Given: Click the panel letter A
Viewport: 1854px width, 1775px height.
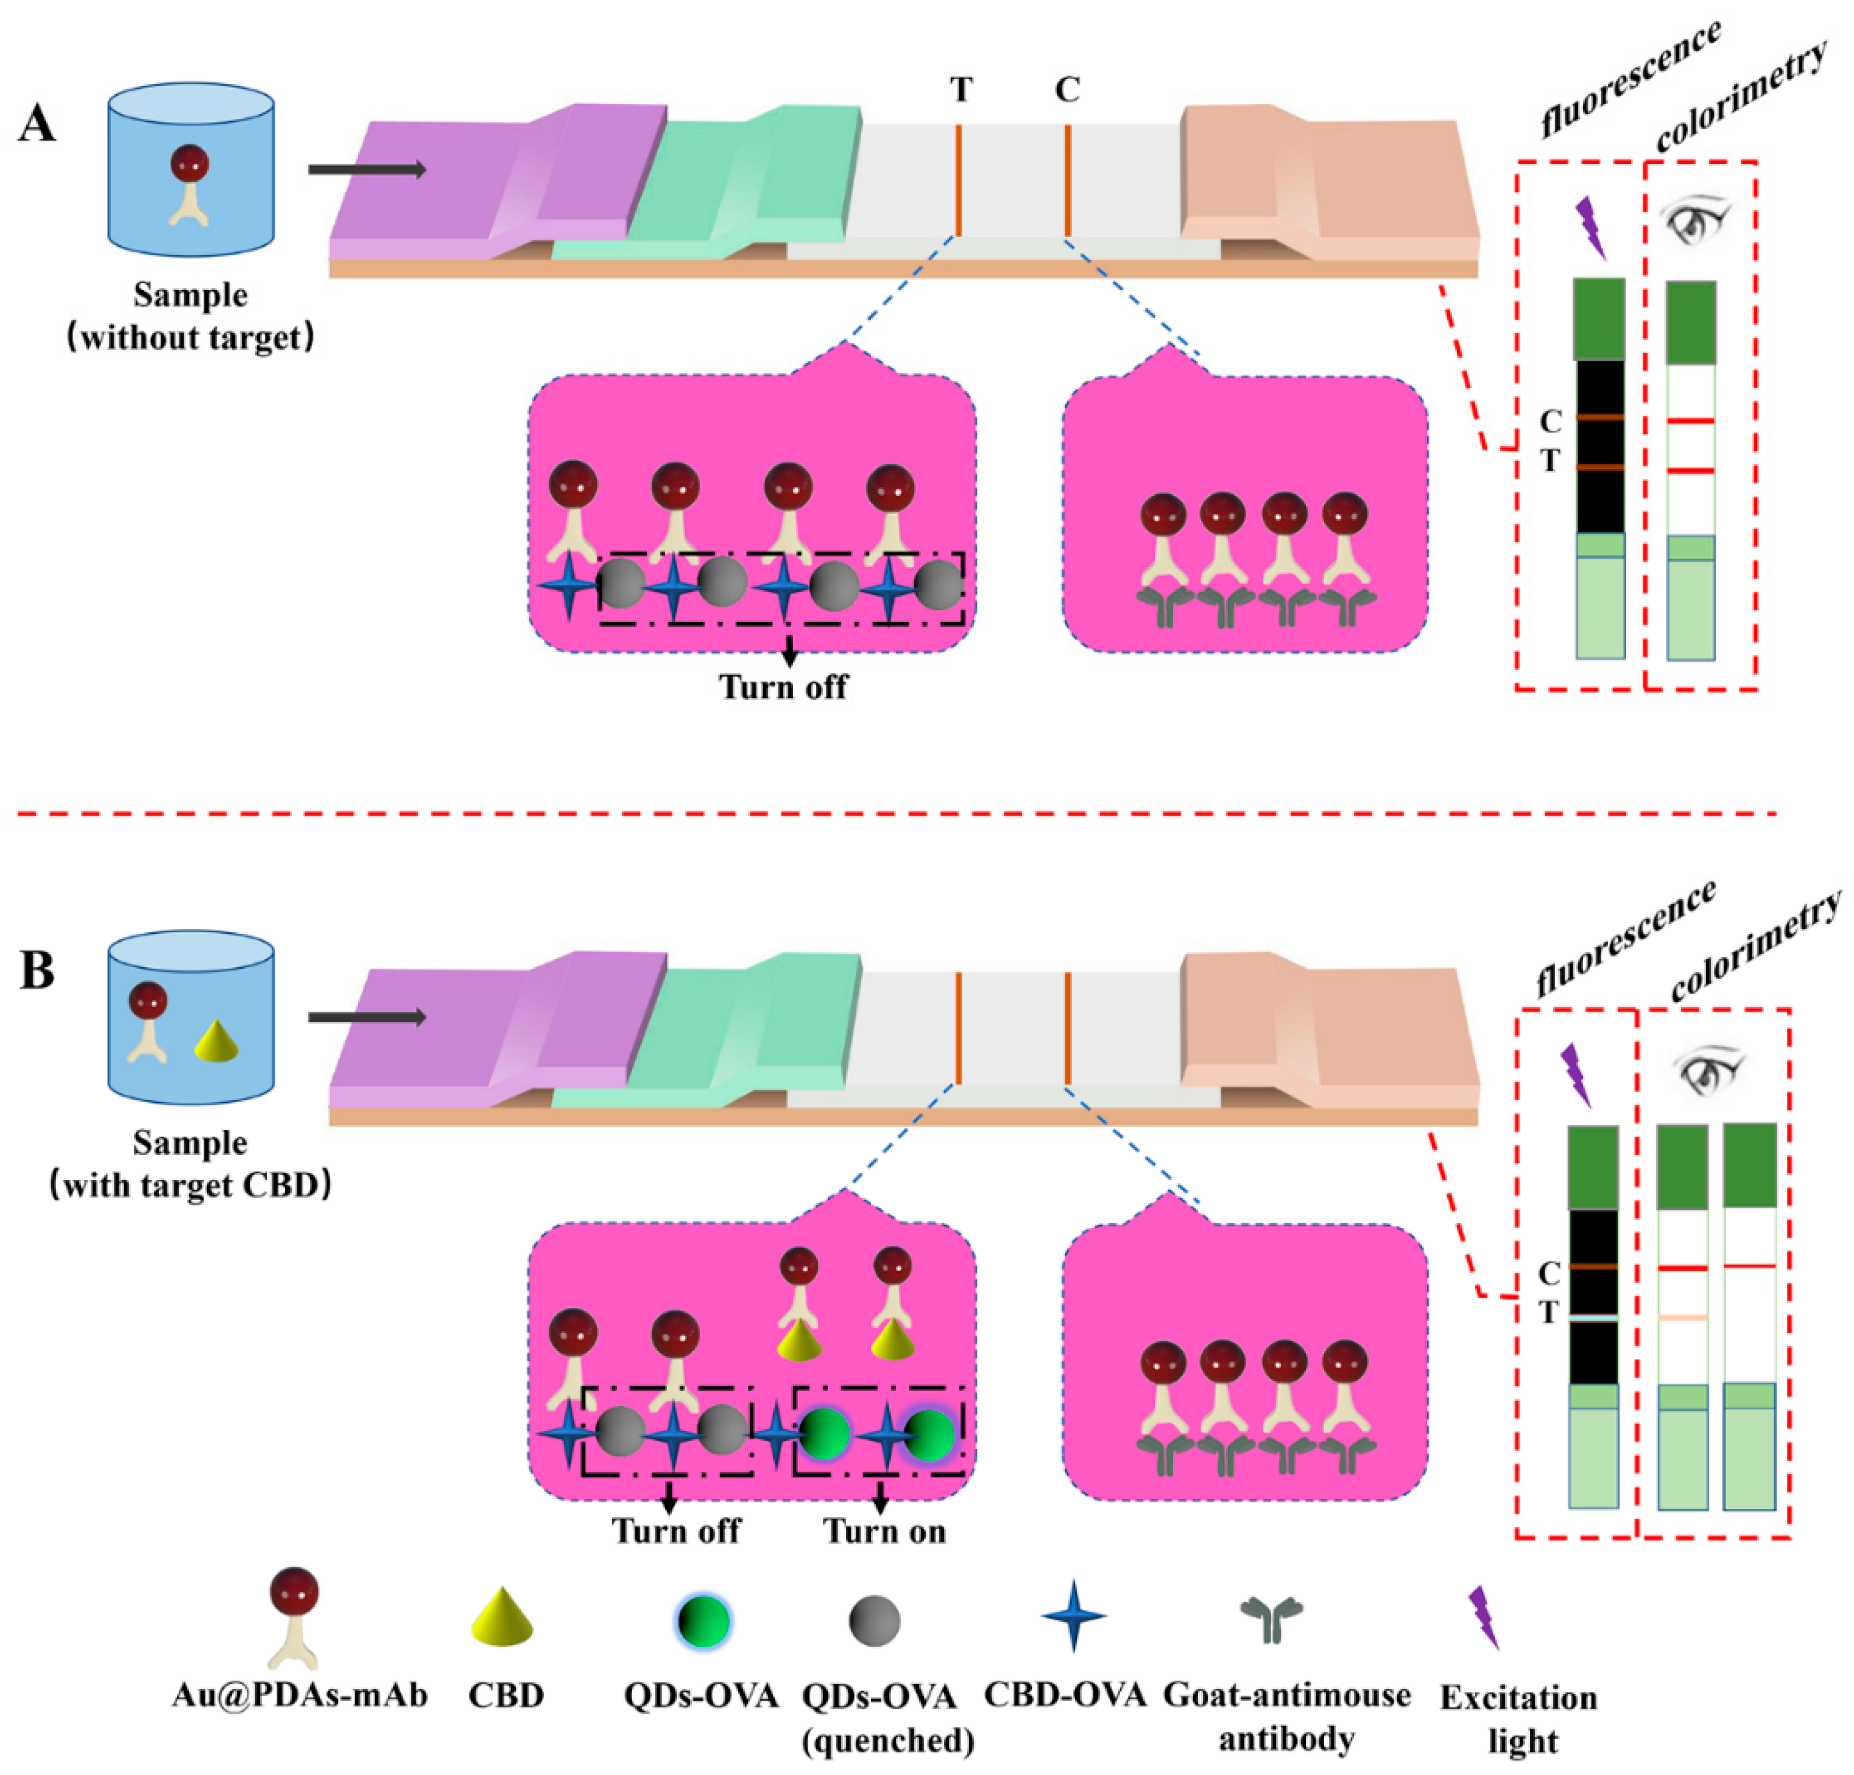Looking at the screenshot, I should (x=37, y=123).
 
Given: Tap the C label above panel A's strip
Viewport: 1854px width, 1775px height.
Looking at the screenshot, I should (x=1067, y=90).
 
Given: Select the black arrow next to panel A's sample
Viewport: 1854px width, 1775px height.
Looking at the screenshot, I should (x=367, y=169).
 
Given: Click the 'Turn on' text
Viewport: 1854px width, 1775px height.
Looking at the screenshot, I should (x=884, y=1531).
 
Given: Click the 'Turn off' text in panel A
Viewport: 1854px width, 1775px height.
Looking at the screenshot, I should (x=783, y=686).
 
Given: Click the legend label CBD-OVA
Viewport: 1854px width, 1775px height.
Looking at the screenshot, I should (x=1065, y=1695).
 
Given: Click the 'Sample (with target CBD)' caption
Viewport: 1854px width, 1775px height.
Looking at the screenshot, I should (x=190, y=1165).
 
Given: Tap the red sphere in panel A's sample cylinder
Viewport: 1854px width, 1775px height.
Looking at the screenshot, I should (x=190, y=164).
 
